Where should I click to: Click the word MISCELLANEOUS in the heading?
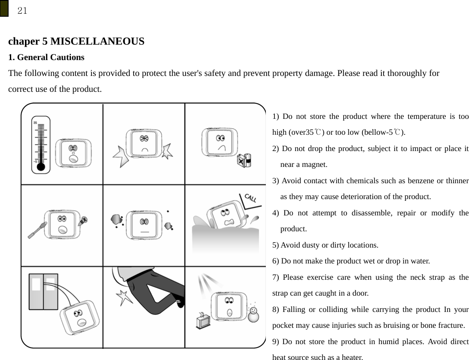97,42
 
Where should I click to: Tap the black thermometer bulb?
41,167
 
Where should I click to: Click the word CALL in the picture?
250,198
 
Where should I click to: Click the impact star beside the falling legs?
128,296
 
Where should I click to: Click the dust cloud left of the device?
117,219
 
